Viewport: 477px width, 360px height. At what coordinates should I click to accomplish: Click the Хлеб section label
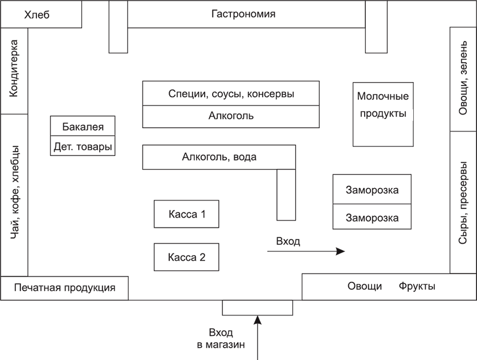[x=37, y=15]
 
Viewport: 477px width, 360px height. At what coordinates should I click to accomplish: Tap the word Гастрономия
[x=243, y=14]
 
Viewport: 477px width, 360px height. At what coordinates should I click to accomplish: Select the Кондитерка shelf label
[x=14, y=68]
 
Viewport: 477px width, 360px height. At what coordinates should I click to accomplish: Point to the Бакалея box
[x=83, y=126]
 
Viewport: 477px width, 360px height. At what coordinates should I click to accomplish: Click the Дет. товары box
[x=83, y=146]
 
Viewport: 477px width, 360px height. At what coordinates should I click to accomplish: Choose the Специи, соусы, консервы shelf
[x=231, y=93]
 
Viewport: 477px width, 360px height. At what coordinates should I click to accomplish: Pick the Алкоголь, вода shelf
[x=219, y=157]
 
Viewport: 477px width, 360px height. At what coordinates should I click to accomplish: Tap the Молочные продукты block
[x=383, y=114]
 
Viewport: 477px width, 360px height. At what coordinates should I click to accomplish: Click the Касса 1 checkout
[x=186, y=214]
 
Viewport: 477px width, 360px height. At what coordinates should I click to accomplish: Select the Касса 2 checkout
[x=186, y=257]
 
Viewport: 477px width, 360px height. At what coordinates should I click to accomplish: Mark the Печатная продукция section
[x=64, y=288]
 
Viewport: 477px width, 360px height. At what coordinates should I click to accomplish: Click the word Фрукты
[x=417, y=286]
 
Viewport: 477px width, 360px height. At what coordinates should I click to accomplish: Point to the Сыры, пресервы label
[x=463, y=203]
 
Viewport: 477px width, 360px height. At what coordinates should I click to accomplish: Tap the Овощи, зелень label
[x=463, y=78]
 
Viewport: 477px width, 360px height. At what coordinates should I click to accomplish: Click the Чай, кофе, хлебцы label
[x=15, y=192]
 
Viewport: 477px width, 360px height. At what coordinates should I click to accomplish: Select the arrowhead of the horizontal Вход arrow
[x=341, y=251]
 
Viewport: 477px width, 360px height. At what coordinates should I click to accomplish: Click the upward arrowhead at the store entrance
[x=258, y=320]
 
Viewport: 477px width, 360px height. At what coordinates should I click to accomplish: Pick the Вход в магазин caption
[x=221, y=338]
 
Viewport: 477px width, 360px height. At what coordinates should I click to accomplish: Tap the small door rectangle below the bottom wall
[x=258, y=308]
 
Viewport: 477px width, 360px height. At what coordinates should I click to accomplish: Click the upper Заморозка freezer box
[x=372, y=189]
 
